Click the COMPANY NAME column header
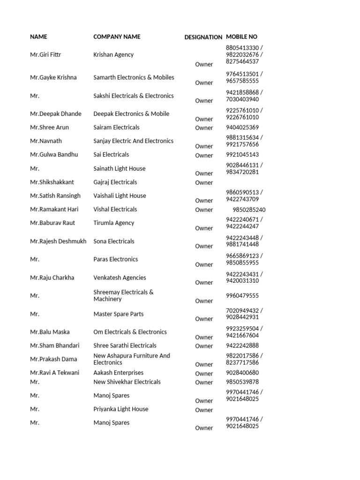117,37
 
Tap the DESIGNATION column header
203,37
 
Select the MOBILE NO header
241,37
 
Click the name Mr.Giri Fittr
45,55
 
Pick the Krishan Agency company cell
113,55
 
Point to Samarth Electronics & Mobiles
134,77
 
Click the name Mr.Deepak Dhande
55,114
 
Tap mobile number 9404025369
242,127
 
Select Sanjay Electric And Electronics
133,141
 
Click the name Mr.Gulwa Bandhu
54,155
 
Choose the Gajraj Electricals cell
115,182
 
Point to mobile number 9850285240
249,210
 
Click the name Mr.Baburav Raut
52,223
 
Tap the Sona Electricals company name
113,241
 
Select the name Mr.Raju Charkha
52,277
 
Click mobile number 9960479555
242,296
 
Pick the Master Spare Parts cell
118,314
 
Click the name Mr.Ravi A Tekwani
54,373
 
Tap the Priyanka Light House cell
120,409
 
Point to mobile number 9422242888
242,345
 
